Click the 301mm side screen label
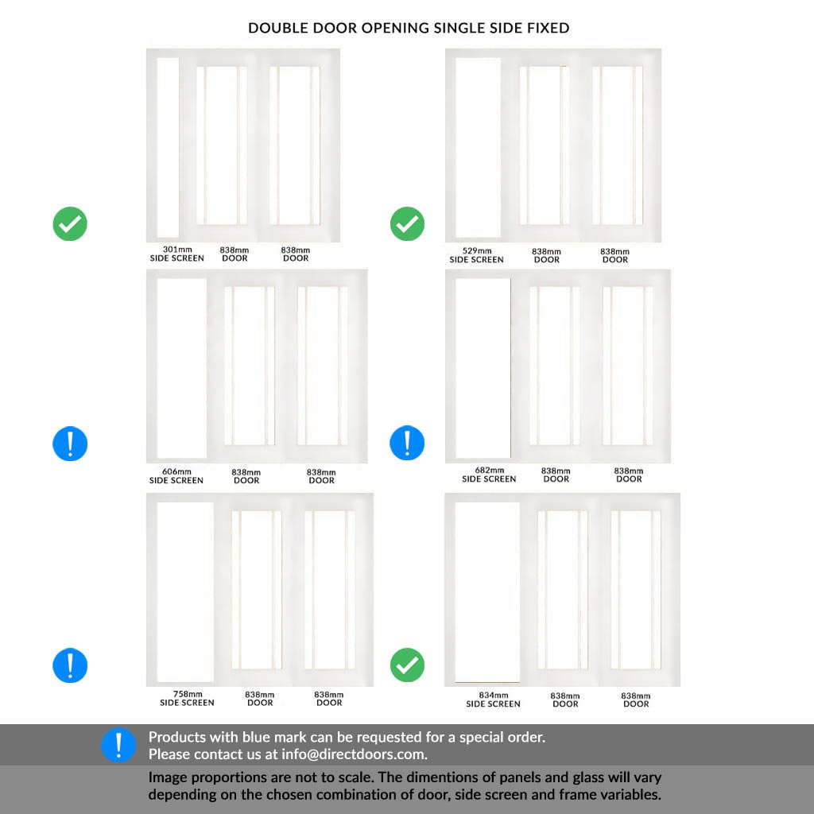[177, 254]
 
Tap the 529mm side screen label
[477, 255]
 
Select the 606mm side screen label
[176, 476]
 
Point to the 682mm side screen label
[489, 475]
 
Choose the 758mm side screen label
[187, 698]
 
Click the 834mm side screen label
[493, 700]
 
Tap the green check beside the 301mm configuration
[70, 223]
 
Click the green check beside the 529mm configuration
[407, 223]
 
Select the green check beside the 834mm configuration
[407, 665]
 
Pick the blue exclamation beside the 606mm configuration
[70, 444]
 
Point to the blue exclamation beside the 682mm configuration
[407, 443]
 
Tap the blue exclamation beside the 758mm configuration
[70, 665]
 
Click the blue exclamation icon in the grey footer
[118, 745]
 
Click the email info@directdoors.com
[354, 754]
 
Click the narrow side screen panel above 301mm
[168, 147]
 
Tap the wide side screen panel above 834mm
[487, 591]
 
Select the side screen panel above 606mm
[182, 369]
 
